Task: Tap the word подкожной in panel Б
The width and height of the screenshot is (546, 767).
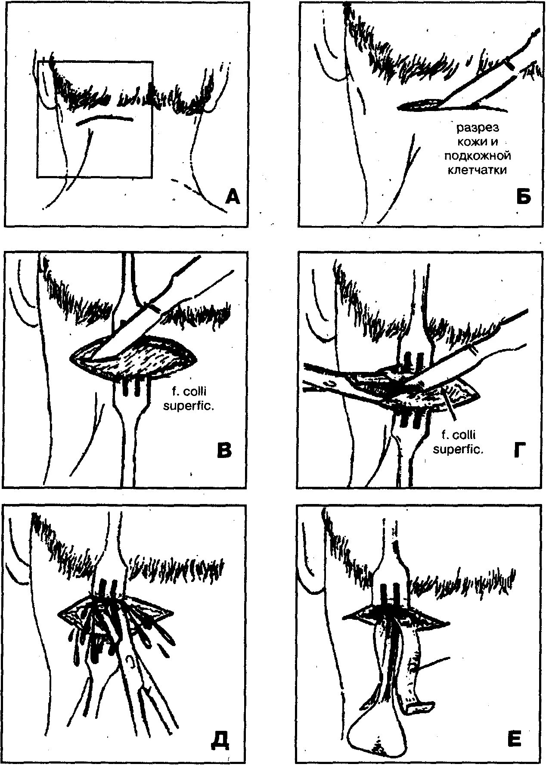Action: point(477,156)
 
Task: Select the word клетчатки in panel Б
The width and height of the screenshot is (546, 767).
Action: point(477,170)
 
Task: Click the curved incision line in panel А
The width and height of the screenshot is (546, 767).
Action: point(104,119)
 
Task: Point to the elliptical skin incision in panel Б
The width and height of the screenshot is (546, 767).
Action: point(420,104)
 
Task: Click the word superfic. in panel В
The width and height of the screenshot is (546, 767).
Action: point(188,406)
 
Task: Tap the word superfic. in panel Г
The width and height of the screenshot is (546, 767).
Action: point(458,450)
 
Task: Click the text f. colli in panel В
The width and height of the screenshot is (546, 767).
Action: point(188,393)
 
